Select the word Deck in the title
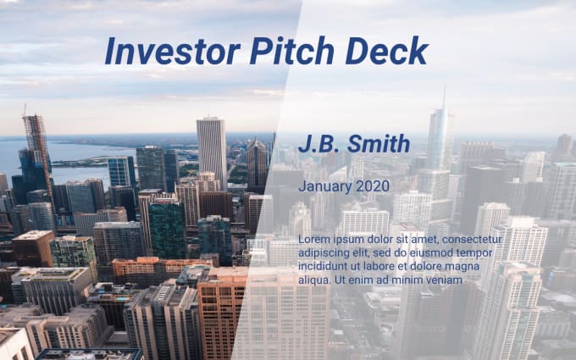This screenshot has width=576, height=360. (387, 50)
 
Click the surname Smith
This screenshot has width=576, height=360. (379, 144)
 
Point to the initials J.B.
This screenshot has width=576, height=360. (320, 144)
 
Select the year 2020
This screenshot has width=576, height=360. (373, 186)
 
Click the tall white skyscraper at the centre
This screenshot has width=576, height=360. (212, 153)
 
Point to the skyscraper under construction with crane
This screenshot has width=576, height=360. (36, 158)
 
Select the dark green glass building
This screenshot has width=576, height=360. (167, 230)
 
